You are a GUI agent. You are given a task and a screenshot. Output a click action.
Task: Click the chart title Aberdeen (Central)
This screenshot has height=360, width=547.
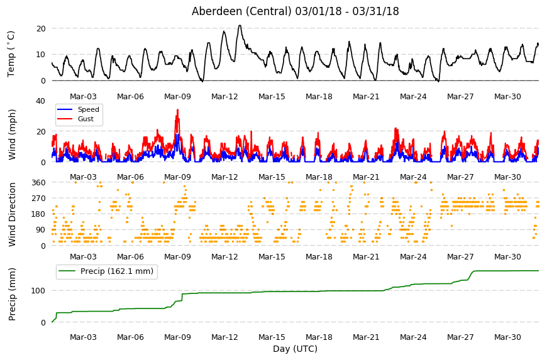click(241, 11)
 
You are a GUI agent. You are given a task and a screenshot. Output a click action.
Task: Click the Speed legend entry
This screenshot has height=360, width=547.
click(88, 109)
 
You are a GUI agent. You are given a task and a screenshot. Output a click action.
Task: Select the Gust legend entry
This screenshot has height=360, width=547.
click(86, 119)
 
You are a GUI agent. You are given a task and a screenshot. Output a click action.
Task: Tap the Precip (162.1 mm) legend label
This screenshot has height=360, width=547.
click(117, 271)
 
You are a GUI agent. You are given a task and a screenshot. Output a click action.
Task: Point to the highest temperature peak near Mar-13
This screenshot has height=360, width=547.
click(240, 25)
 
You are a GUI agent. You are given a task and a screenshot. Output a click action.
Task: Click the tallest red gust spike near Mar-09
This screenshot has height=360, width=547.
click(177, 110)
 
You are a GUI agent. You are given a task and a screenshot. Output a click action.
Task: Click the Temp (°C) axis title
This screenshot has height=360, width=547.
click(11, 54)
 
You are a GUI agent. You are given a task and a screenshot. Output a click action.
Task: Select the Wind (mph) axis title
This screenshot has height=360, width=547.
click(12, 134)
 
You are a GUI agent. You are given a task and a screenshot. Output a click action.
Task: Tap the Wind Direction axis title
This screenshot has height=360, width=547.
click(12, 214)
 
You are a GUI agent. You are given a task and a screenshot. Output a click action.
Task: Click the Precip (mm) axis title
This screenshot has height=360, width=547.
click(12, 294)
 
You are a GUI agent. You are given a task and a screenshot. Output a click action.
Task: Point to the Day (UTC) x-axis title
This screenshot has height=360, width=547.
click(295, 349)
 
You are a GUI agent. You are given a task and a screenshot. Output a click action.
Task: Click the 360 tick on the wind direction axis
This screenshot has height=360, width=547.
click(39, 183)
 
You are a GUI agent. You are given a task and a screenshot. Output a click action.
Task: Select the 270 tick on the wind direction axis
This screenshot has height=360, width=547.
click(39, 199)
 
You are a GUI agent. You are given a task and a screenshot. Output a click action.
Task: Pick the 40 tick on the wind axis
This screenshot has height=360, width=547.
click(40, 101)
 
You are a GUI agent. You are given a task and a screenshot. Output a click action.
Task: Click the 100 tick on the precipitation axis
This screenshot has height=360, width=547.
click(38, 291)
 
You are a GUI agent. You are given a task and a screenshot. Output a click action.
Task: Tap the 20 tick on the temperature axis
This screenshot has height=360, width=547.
click(41, 28)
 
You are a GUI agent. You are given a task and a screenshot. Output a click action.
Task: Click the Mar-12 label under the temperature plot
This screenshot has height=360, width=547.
click(224, 97)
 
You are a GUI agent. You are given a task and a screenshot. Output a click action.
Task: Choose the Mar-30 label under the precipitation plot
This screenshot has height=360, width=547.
click(507, 337)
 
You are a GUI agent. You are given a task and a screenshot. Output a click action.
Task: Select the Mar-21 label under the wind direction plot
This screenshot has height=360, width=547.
click(366, 257)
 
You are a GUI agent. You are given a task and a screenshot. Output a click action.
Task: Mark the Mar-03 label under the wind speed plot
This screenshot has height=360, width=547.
click(83, 177)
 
